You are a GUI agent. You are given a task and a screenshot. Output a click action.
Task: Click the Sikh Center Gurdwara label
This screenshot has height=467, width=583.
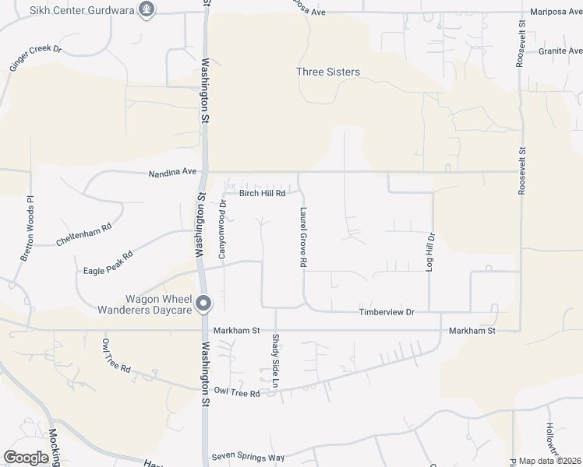[80, 10]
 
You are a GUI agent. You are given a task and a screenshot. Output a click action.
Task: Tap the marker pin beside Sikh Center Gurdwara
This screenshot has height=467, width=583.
[146, 9]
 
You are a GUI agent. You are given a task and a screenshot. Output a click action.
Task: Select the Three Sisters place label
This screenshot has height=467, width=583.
[328, 72]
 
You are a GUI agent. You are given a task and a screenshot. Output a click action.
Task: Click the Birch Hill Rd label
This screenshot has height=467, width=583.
[263, 193]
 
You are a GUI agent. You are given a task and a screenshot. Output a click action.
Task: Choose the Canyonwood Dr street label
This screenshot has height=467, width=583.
[223, 231]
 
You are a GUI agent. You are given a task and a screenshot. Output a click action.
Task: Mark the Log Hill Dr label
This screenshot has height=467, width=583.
[430, 251]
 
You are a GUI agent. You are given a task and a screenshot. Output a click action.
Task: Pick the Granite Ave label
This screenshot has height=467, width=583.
[560, 51]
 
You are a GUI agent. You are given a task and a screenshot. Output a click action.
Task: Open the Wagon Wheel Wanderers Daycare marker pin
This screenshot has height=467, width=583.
[203, 304]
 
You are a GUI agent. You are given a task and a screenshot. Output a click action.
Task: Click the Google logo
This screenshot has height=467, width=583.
[26, 458]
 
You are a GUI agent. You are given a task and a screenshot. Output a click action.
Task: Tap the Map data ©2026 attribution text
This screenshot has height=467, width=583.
[549, 461]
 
